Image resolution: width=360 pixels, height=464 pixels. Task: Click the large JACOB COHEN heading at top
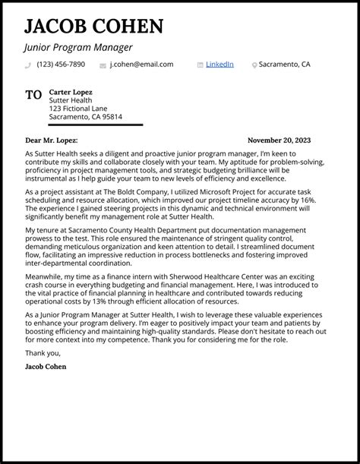coord(93,27)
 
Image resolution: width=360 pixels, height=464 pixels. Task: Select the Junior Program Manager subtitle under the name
coord(73,48)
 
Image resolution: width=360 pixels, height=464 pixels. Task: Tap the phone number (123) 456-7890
coord(61,65)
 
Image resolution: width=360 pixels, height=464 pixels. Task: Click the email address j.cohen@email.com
coord(141,65)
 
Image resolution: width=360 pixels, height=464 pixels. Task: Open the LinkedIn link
coord(219,65)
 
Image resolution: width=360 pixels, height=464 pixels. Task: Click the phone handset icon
coord(28,65)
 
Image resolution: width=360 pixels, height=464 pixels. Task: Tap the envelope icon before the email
coord(103,65)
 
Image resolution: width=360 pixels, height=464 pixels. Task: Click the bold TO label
coord(33,96)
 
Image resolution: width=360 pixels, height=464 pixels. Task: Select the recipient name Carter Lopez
coord(71,91)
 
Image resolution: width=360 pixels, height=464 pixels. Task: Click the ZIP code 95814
coord(112,117)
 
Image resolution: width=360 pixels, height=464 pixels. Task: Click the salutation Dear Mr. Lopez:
coord(52,140)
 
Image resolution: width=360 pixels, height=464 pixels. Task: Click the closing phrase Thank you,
coord(42,352)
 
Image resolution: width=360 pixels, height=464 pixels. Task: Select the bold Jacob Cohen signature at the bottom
coord(45,367)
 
